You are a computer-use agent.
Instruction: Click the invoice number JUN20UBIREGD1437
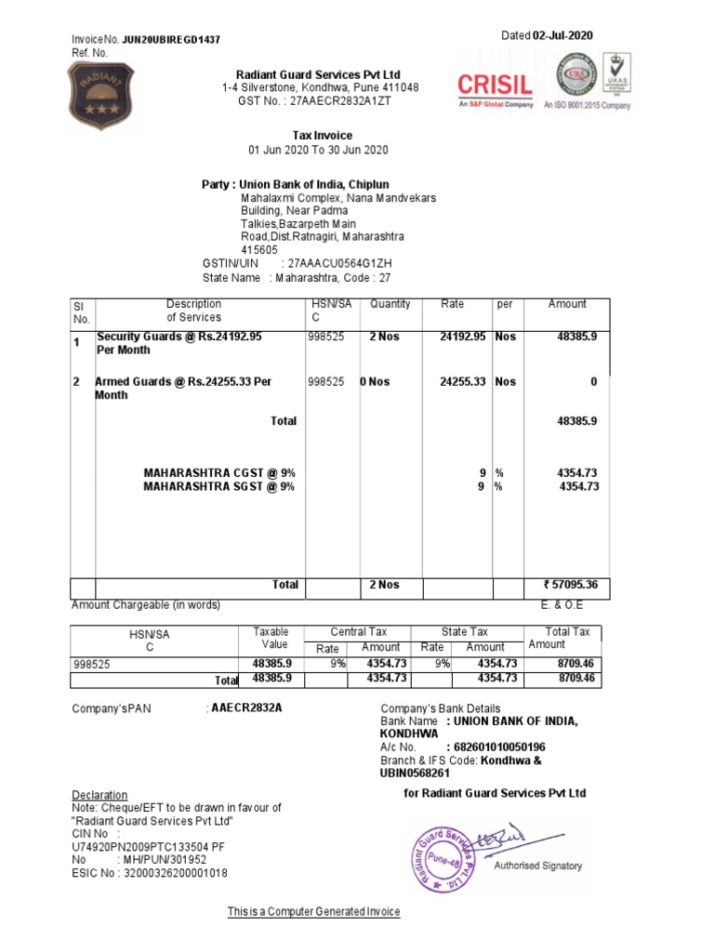(x=171, y=40)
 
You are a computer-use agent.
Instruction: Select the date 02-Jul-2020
(x=562, y=35)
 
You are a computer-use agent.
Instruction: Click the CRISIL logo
(x=495, y=86)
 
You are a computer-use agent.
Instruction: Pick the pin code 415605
(x=259, y=250)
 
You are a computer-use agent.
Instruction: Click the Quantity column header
(x=390, y=304)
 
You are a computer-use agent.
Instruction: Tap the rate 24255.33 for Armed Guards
(x=462, y=381)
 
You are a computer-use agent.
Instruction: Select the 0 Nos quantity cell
(x=376, y=381)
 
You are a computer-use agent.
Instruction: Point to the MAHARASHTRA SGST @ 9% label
(x=218, y=486)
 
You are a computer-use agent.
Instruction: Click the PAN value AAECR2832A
(x=246, y=708)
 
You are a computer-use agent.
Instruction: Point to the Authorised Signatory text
(x=538, y=866)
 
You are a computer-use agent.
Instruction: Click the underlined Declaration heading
(x=99, y=795)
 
